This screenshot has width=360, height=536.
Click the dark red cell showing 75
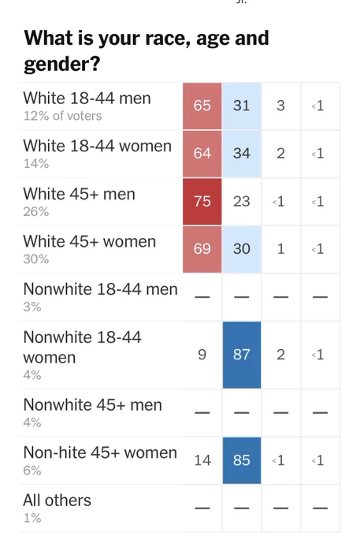tap(202, 201)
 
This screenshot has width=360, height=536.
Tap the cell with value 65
tap(202, 106)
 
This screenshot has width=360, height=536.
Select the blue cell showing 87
tap(242, 355)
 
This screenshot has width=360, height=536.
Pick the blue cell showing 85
tap(242, 460)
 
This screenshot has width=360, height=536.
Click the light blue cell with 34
tap(242, 153)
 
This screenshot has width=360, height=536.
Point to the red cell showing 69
tap(202, 249)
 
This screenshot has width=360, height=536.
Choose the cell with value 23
tap(242, 201)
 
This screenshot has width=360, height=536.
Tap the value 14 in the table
tap(202, 460)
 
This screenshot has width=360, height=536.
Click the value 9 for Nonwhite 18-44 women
tap(202, 355)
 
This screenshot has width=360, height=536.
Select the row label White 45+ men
tap(80, 194)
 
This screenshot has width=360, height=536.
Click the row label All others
tap(57, 501)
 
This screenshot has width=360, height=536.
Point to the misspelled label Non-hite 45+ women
tap(100, 452)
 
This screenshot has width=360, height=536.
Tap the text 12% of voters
tap(62, 116)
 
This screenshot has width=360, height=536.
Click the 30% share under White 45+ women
tap(36, 259)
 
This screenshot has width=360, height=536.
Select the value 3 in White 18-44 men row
tap(280, 106)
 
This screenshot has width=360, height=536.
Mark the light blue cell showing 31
tap(242, 106)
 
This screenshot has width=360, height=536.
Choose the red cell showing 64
tap(202, 153)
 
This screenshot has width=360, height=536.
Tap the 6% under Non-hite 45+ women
tap(32, 471)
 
